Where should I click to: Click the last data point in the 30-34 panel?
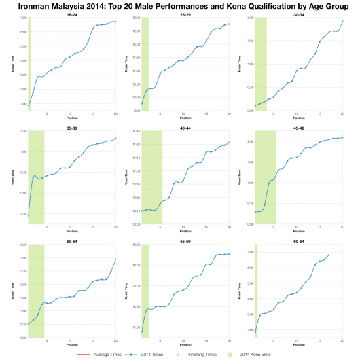342,21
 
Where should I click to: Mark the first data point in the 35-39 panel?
28,215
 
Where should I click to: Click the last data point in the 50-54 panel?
115,259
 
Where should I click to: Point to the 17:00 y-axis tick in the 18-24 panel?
22,18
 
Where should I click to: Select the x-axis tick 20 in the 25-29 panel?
229,114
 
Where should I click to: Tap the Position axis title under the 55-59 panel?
185,344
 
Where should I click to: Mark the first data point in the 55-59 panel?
141,332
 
